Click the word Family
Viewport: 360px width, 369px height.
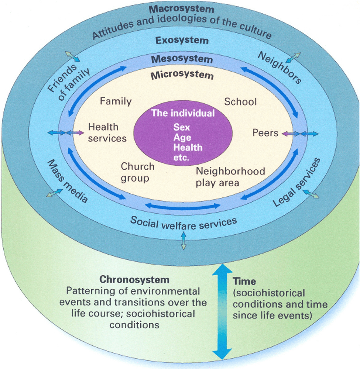pos(116,101)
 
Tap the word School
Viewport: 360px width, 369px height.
pos(240,101)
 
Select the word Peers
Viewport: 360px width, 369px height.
pos(265,132)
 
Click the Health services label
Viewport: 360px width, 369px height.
pos(107,132)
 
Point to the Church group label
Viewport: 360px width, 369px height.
pos(137,172)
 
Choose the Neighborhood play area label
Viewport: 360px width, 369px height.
pos(230,177)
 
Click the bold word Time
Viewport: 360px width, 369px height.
pos(244,282)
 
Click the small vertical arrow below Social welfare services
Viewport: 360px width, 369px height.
pos(184,241)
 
